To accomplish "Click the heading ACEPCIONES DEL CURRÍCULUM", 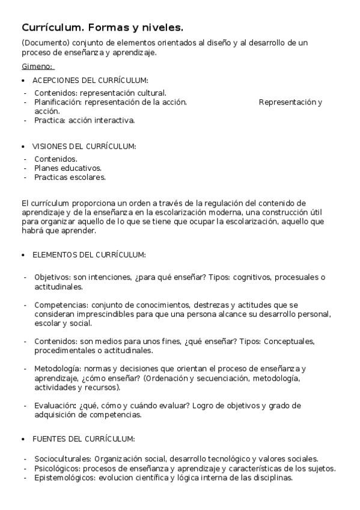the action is pos(90,80).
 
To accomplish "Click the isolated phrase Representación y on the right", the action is pos(290,102).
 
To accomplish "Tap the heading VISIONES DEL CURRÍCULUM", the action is pos(84,146).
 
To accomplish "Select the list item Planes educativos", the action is pos(68,168).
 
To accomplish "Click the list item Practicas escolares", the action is pos(70,177).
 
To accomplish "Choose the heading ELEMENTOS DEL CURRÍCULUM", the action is pos(89,254).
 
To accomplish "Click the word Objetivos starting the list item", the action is pos(52,277).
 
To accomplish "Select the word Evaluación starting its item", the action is pos(55,405).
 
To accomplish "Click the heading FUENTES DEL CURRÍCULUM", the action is pos(84,438).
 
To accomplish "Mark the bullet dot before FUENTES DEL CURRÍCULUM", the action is pos(23,438).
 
